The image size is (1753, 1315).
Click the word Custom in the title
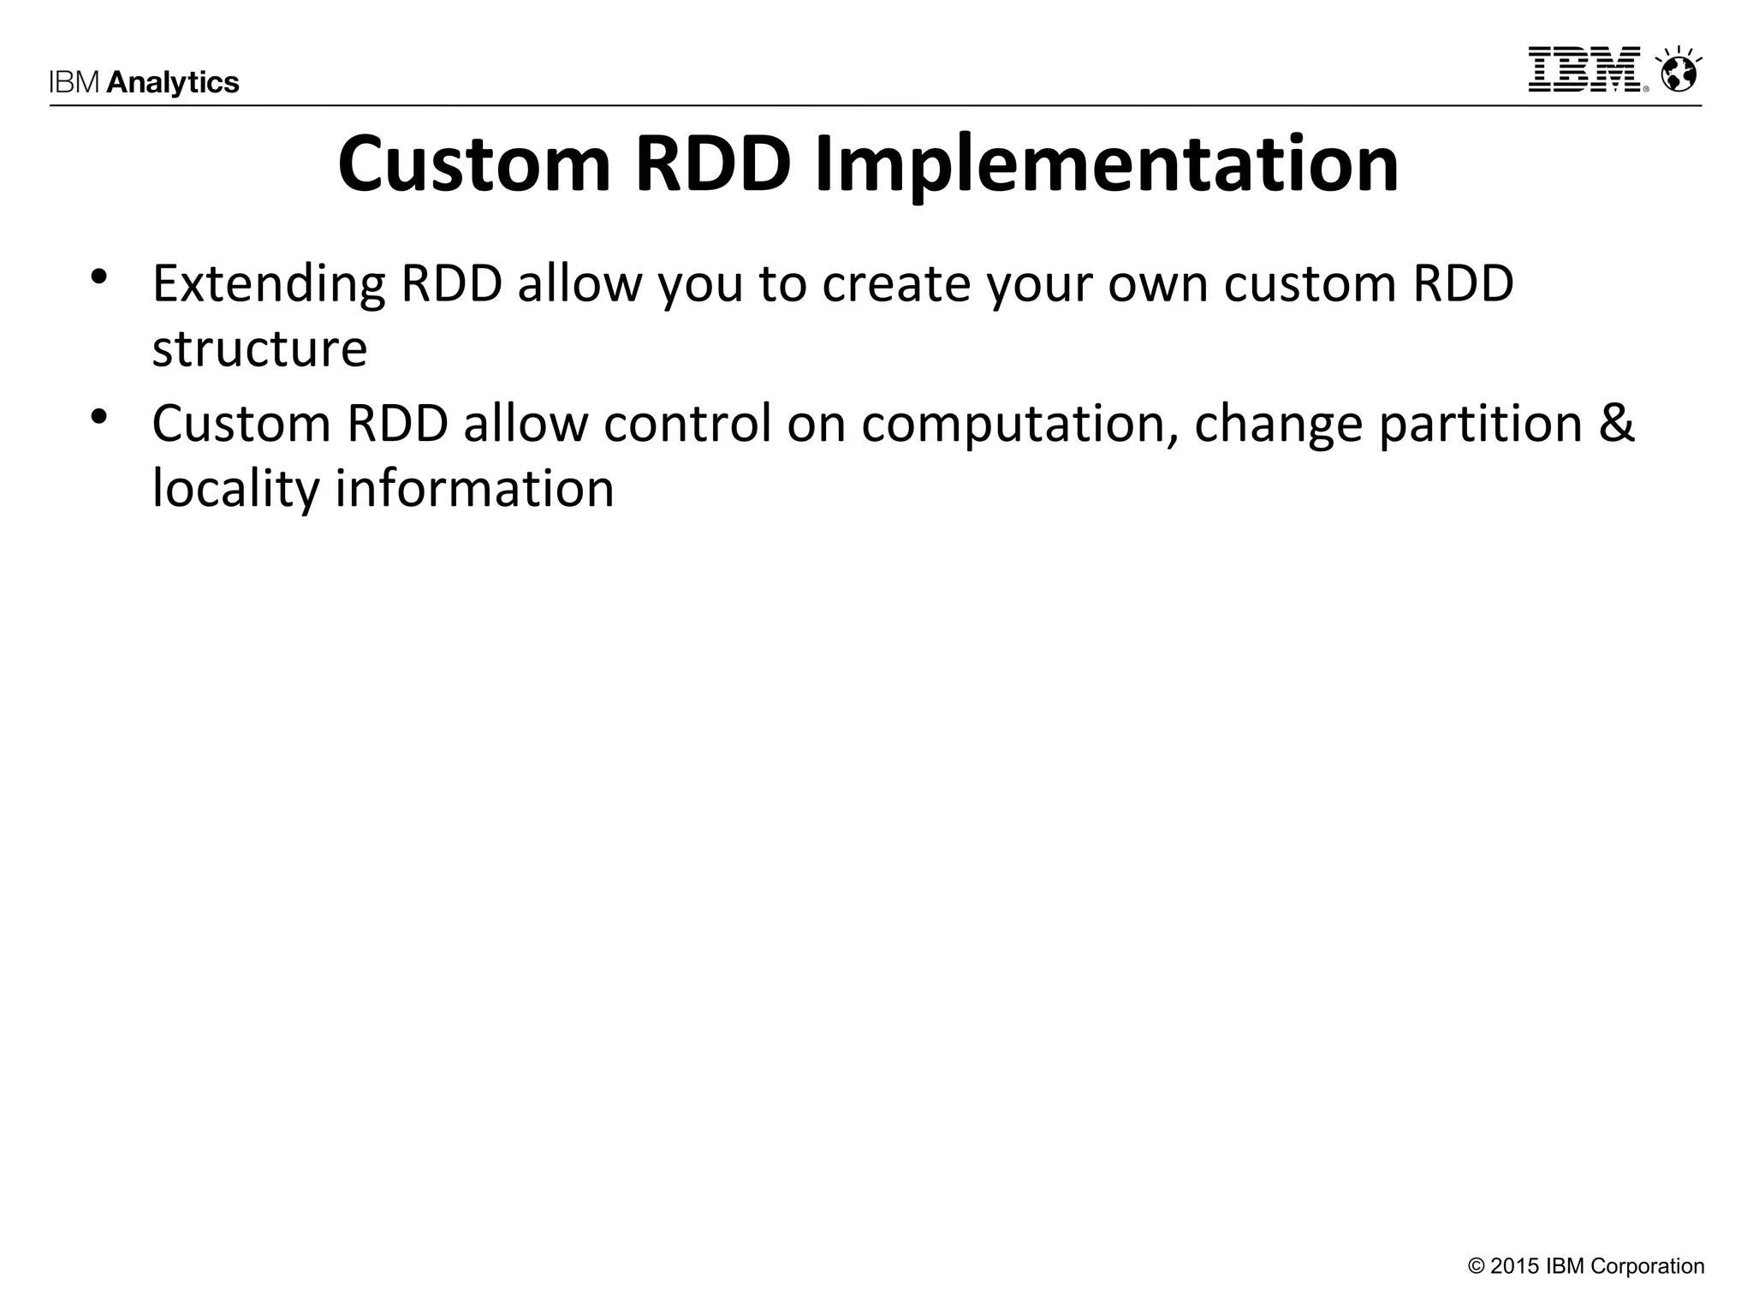coord(474,164)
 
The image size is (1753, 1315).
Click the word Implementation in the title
coord(1106,164)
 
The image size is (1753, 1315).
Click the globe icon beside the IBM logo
coord(1679,72)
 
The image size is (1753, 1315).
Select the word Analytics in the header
coord(173,83)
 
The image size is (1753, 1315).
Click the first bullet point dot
coord(99,277)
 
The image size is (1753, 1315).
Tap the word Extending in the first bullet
coord(269,285)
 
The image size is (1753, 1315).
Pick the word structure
coord(259,349)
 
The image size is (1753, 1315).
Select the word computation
coord(1019,425)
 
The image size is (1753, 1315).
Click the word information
coord(474,488)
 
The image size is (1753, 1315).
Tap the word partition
coord(1480,425)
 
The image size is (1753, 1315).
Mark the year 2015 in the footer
coord(1515,1266)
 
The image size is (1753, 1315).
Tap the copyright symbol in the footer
coord(1476,1266)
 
